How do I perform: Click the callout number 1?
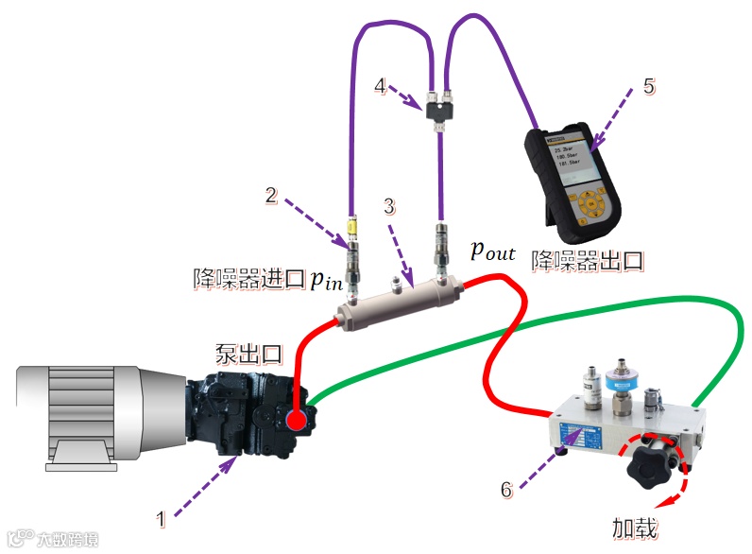162,518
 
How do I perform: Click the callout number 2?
271,196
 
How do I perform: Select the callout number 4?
380,86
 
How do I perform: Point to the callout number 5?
648,86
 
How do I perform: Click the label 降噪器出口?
588,259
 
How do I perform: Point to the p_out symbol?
493,251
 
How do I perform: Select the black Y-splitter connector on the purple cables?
438,113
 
